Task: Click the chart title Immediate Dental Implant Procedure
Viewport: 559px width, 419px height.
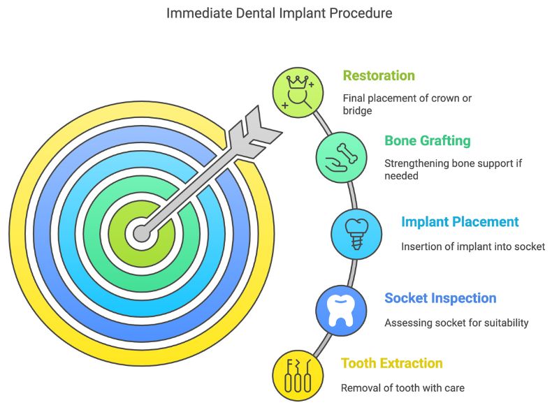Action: coord(279,13)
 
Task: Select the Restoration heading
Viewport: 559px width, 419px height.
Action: coord(379,75)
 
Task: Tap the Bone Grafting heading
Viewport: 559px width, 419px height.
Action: coord(427,140)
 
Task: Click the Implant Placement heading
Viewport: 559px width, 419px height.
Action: coord(460,222)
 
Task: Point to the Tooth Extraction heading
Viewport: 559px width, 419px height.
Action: coord(391,363)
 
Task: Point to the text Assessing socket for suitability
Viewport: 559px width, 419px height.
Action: coord(456,323)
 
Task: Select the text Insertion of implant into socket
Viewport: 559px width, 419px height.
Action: coord(472,247)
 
